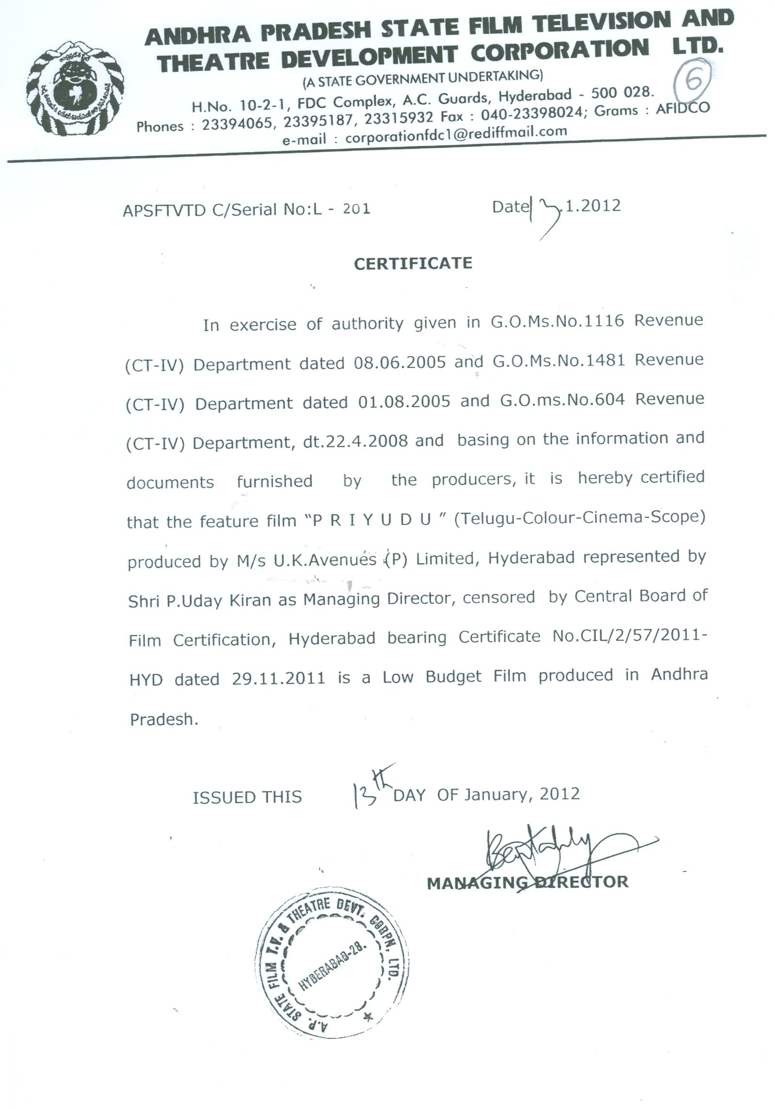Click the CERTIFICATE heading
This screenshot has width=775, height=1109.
click(413, 263)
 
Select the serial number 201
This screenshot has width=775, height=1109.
click(356, 209)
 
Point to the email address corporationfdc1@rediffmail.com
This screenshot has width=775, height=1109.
click(455, 134)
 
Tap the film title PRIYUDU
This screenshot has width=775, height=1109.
click(372, 520)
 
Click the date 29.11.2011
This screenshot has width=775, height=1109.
click(278, 678)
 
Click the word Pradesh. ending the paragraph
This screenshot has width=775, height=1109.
click(164, 719)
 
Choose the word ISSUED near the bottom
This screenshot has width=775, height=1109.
click(221, 797)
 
